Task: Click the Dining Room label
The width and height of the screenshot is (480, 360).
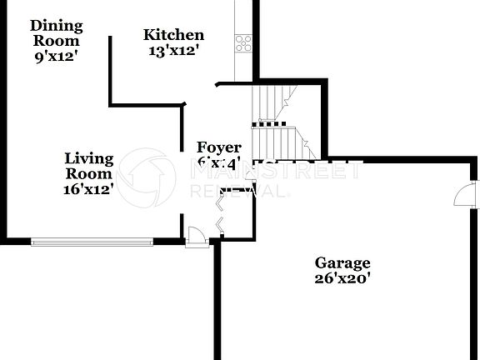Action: pos(57,32)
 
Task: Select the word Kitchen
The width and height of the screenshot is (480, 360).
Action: pos(173,35)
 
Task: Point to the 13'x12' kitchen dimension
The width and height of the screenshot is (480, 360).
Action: pos(173,50)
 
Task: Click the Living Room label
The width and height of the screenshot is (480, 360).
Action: pos(89,165)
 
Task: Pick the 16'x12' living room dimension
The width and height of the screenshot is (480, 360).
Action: pos(89,189)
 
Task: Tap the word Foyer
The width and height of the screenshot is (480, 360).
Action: pos(218,147)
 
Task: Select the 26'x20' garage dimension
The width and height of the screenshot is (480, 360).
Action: pos(342,279)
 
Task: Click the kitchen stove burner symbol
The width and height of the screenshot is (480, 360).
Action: pos(243,42)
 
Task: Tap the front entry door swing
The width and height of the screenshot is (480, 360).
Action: pos(196,237)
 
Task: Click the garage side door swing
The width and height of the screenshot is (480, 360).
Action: pos(462,197)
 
